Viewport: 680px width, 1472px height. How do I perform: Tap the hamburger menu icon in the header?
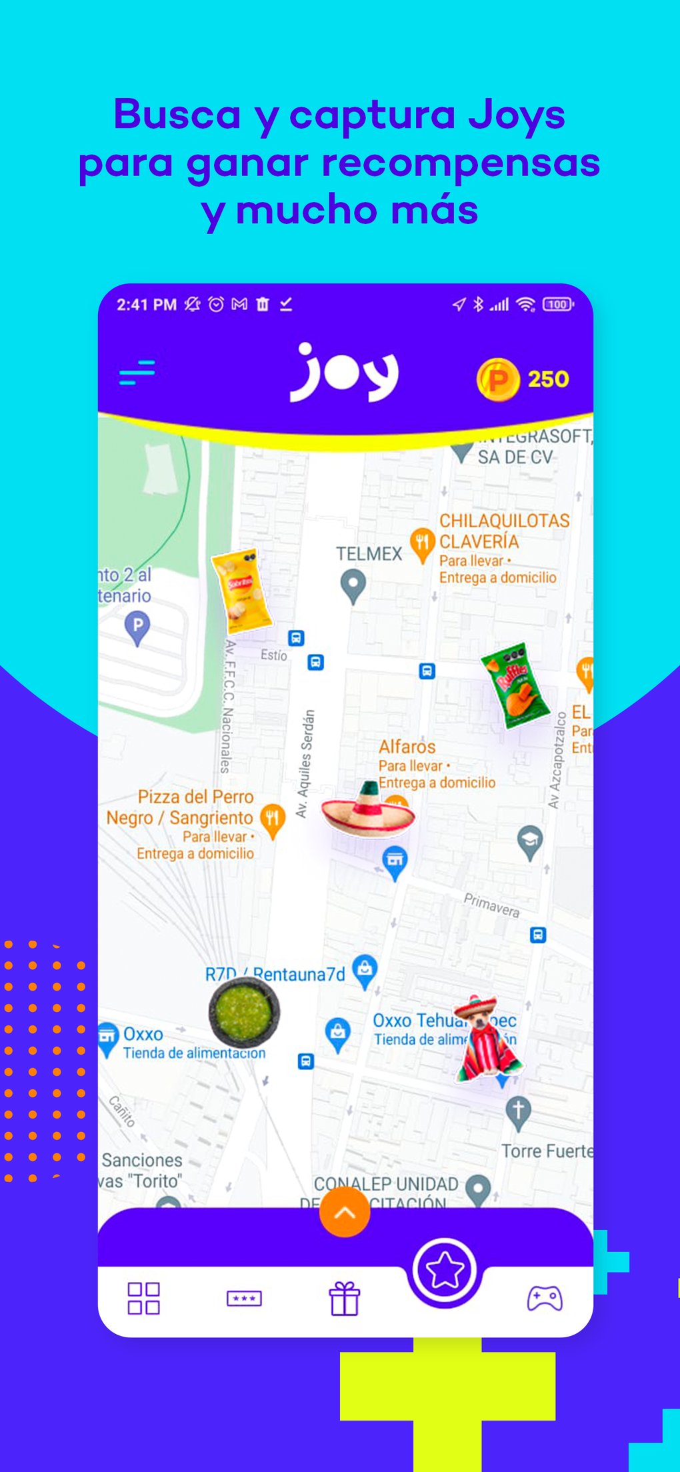pos(137,372)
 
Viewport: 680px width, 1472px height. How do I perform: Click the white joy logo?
pos(344,373)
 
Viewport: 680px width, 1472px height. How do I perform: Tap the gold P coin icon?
pos(497,379)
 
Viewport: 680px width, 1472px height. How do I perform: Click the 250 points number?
pos(548,379)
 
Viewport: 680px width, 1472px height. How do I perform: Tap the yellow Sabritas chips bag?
pos(241,591)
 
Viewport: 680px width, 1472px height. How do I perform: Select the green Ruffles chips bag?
pos(515,685)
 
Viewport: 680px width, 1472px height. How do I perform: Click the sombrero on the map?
pos(368,809)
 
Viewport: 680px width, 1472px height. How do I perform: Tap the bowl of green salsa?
pos(244,1011)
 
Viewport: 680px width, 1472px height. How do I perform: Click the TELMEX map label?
pos(369,554)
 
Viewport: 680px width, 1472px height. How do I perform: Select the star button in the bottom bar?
pos(444,1270)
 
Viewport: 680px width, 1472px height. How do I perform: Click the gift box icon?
pos(344,1298)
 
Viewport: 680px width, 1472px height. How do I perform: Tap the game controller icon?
pos(545,1298)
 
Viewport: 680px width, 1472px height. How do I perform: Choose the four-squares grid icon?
pos(143,1298)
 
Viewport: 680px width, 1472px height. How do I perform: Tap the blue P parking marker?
pos(137,627)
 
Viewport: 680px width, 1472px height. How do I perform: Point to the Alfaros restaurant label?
pos(407,747)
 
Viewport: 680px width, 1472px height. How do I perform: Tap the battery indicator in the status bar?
pos(558,305)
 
